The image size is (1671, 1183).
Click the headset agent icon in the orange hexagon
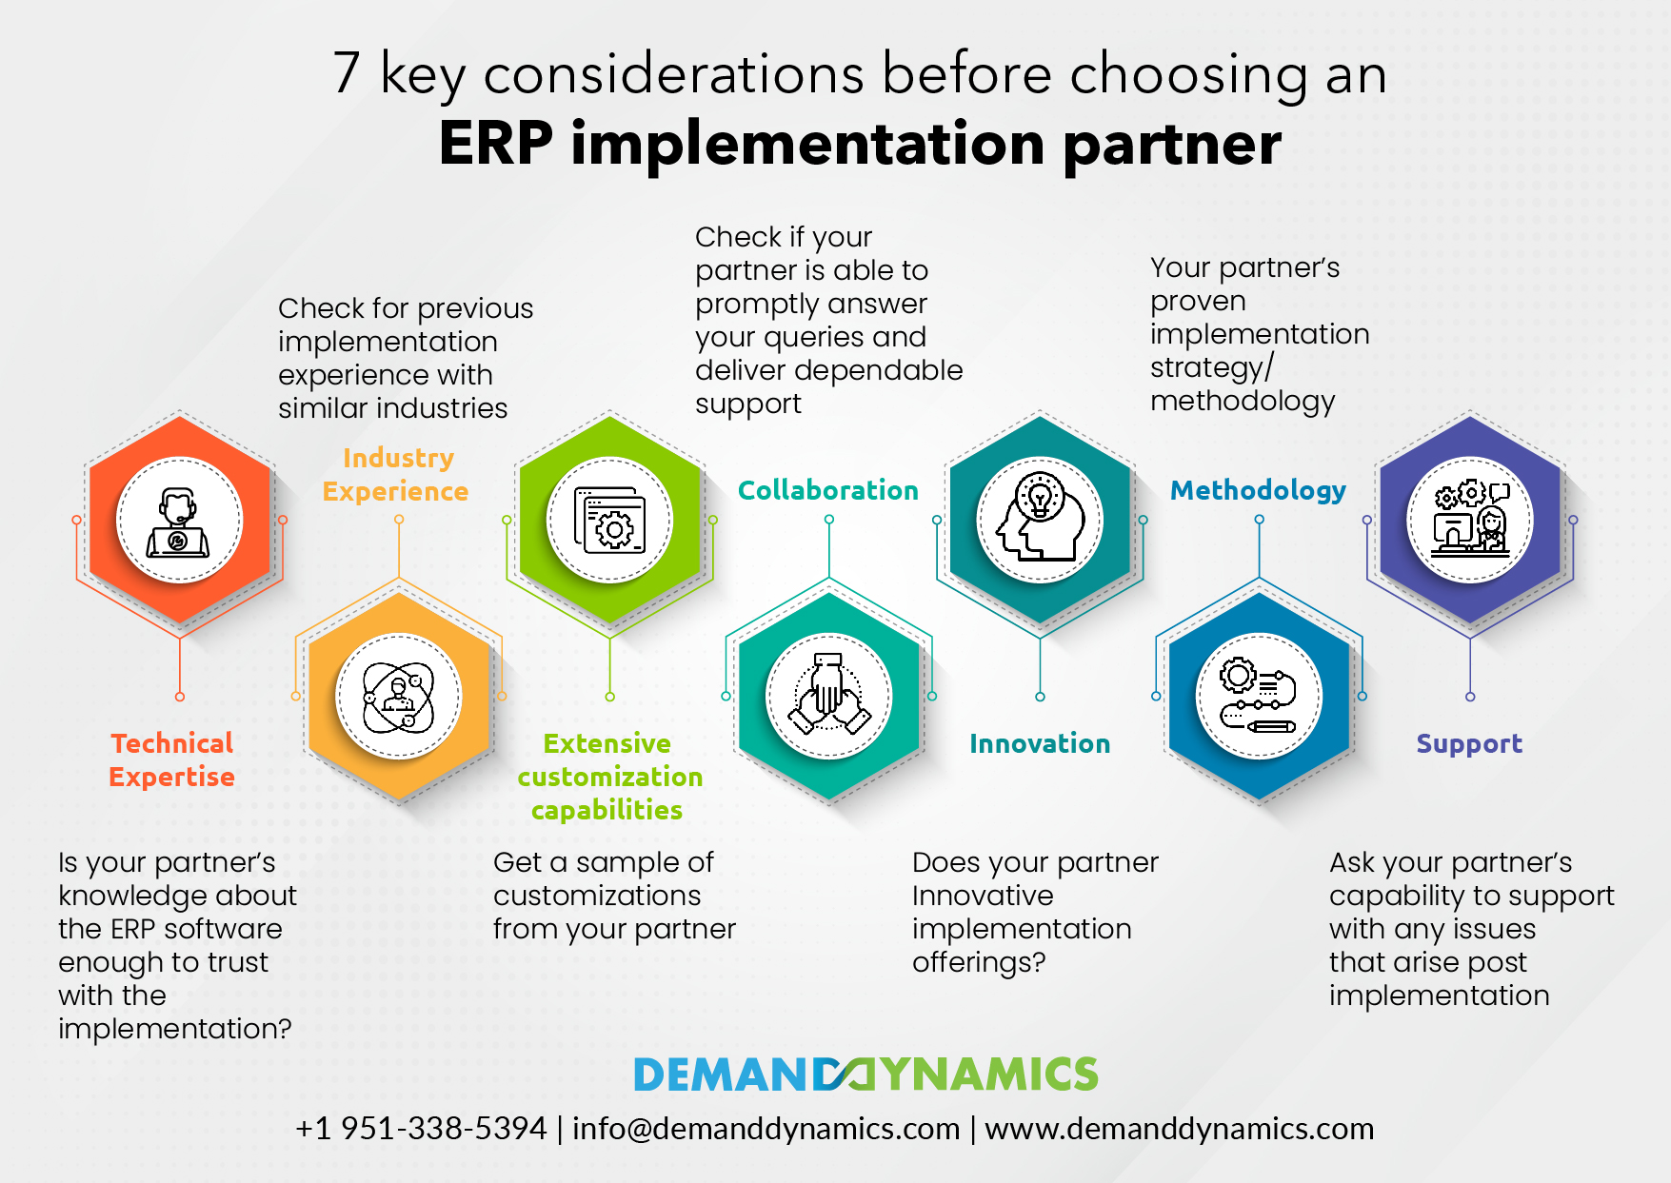(x=179, y=521)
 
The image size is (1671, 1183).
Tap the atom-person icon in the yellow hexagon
(x=399, y=697)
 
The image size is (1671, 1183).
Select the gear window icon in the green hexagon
(x=609, y=521)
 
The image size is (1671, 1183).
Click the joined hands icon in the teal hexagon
(x=829, y=697)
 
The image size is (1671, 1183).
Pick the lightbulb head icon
(x=1040, y=521)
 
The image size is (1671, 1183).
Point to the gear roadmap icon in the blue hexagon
(x=1259, y=697)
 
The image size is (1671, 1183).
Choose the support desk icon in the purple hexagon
(x=1470, y=521)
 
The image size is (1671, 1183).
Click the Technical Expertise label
(x=172, y=759)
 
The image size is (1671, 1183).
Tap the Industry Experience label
(x=396, y=474)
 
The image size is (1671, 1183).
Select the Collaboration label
(x=828, y=490)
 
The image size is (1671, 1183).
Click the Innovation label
(x=1040, y=743)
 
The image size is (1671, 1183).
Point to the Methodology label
(x=1258, y=490)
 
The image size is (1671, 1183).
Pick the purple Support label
(x=1469, y=743)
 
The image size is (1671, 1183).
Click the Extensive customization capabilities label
(x=609, y=777)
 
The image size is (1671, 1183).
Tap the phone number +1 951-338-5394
(x=421, y=1129)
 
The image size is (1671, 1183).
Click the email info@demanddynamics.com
(x=766, y=1129)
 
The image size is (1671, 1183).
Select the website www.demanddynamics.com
(x=1179, y=1129)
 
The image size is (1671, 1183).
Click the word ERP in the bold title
(x=495, y=144)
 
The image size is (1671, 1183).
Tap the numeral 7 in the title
(x=347, y=73)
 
